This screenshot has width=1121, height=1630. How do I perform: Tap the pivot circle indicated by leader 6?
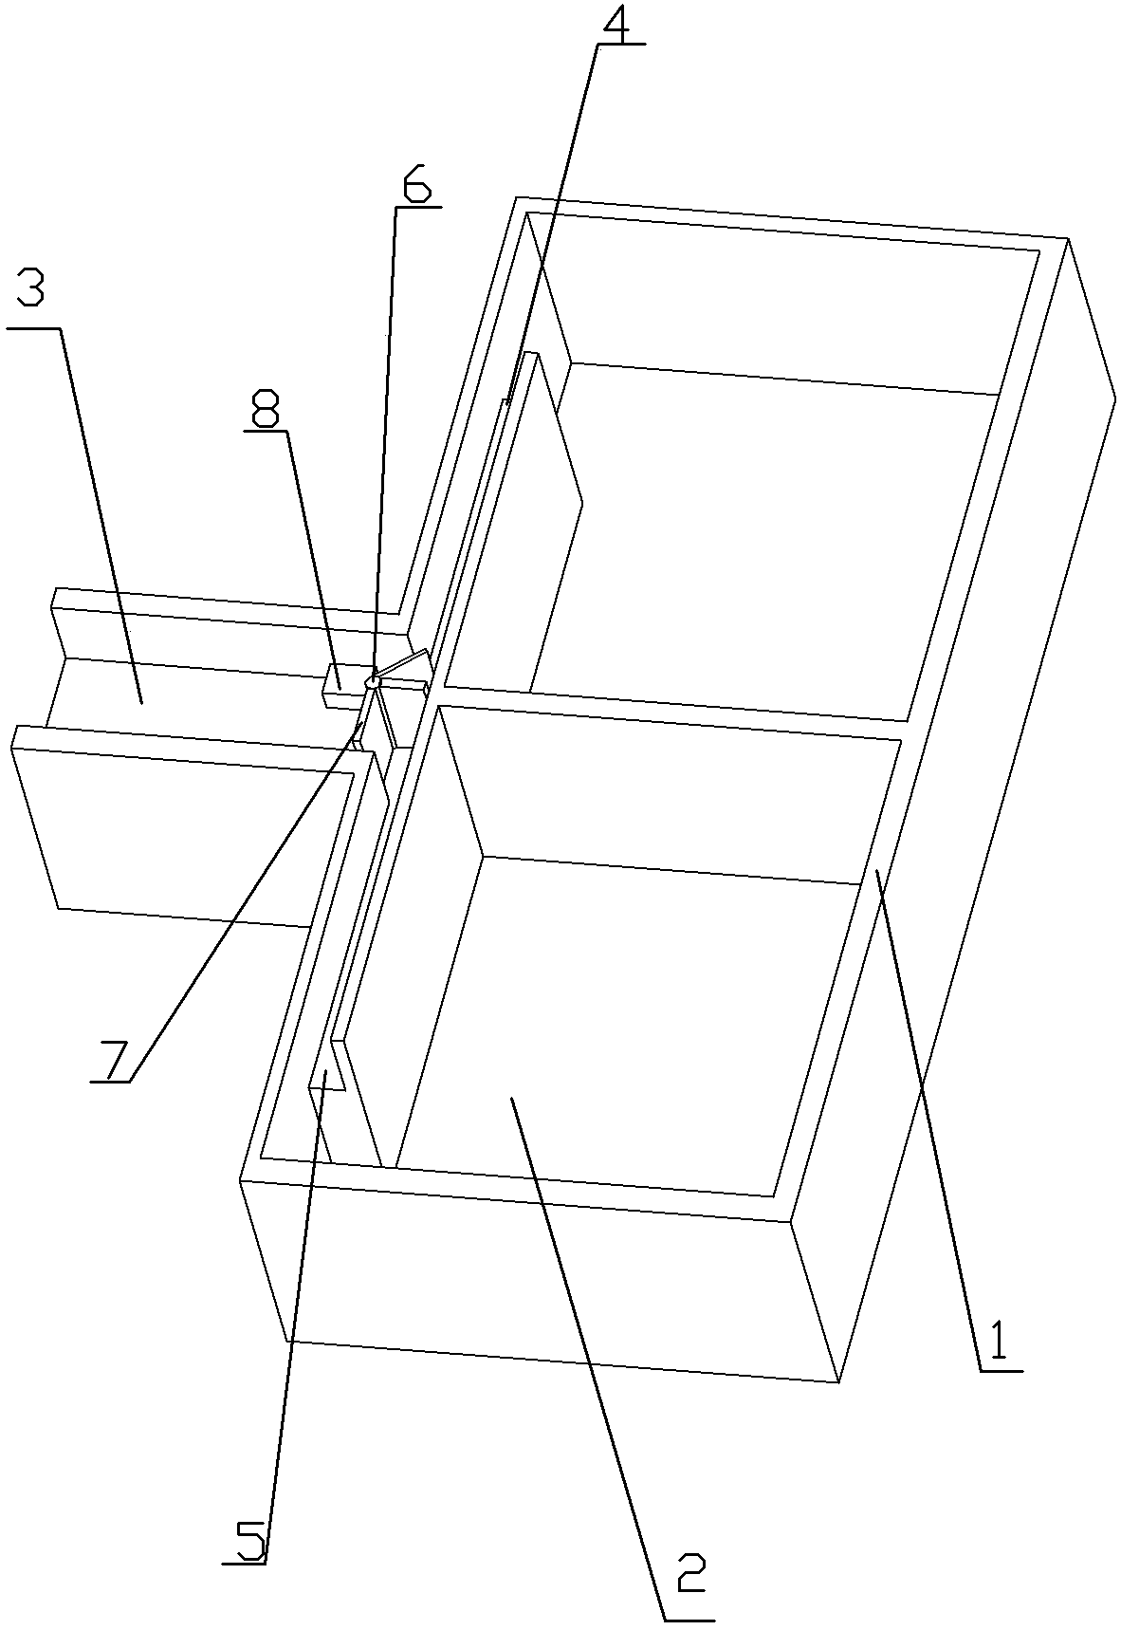[373, 680]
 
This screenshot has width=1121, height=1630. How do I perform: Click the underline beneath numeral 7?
[112, 1081]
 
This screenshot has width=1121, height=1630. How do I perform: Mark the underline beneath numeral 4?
[621, 44]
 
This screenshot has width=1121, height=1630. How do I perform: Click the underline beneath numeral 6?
[418, 206]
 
